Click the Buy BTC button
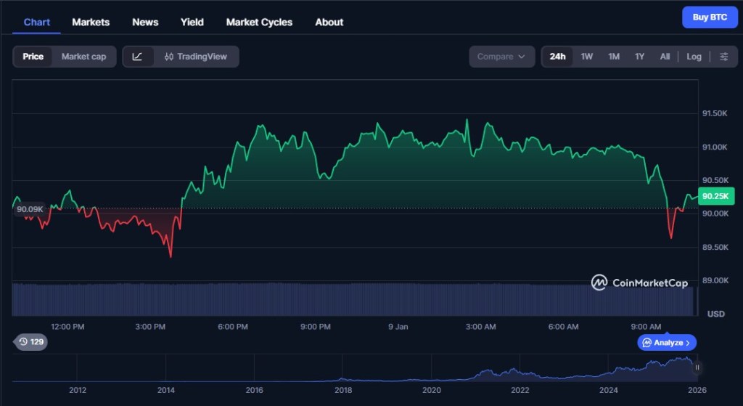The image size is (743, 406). pos(710,17)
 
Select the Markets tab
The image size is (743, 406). pos(91,22)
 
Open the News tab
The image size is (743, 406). pos(145,22)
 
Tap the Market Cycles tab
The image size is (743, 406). pos(259,22)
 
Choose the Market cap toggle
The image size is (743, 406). pos(83,57)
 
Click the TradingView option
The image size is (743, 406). pos(196,57)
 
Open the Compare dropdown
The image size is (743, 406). pos(501,57)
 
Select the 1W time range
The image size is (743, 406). pos(587,57)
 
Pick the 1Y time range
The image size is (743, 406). pos(639,57)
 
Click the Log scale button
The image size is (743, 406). pos(694,57)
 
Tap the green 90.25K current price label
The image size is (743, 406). pos(719,195)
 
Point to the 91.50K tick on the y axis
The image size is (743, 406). pos(714,114)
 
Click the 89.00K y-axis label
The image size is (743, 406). pos(714,280)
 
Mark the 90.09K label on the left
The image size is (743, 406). pos(30,209)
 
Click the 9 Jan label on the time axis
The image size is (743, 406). pos(398,327)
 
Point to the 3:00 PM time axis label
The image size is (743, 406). pos(150,327)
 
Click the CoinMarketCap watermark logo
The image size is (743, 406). pos(639,283)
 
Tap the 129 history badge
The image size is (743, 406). pos(31,341)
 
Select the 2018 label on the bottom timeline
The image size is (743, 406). pos(343,390)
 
